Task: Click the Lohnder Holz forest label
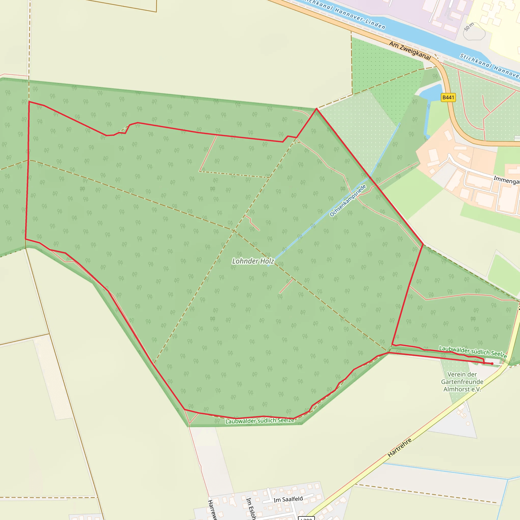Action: pos(253,261)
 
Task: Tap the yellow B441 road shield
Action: pos(448,97)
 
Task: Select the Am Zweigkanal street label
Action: pos(410,51)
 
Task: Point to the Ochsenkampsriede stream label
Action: pos(348,201)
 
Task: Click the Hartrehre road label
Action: pos(399,448)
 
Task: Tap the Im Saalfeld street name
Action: pos(288,499)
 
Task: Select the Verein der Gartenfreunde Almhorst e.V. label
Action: pos(462,382)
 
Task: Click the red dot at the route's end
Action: pos(492,364)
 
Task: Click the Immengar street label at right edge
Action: pos(506,180)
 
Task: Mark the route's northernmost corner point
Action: pos(317,109)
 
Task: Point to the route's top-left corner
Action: pos(29,102)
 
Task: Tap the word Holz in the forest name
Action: pos(267,261)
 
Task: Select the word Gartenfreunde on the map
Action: pos(462,382)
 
